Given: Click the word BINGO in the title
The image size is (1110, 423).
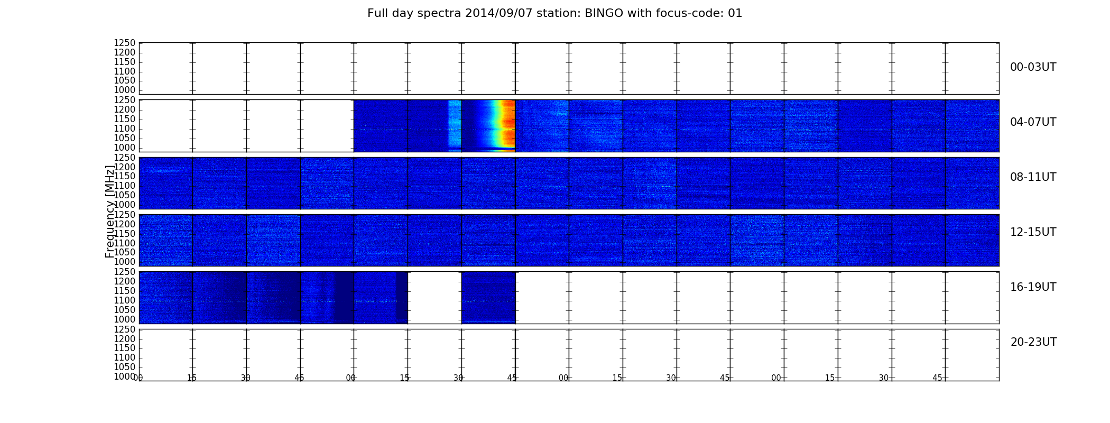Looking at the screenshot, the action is (604, 13).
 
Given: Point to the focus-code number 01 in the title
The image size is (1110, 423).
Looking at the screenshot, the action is (735, 13).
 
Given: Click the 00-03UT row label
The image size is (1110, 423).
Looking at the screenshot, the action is (1033, 67).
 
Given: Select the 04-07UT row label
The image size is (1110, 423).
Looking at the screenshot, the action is (1033, 122).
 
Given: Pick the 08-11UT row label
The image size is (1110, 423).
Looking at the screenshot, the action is (1033, 177).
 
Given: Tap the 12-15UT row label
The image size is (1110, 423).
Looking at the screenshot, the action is (1033, 232).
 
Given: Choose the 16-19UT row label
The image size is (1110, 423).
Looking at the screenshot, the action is (1033, 287).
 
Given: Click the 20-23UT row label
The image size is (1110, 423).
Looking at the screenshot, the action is (1033, 342).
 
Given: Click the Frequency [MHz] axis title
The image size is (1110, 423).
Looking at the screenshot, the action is (110, 212).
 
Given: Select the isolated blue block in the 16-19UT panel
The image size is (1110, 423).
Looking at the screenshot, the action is (488, 297).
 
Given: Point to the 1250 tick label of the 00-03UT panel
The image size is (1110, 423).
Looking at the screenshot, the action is (125, 43).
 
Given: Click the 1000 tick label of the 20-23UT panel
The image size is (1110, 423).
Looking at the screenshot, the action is (125, 376).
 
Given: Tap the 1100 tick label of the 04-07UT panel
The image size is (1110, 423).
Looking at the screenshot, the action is (125, 128).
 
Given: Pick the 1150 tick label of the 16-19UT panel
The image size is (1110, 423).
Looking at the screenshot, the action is (125, 291).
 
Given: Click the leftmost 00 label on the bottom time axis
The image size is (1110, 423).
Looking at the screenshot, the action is (138, 378).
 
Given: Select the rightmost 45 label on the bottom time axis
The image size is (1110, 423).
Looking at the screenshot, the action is (937, 378).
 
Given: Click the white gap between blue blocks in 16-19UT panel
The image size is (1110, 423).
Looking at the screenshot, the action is (434, 297).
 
